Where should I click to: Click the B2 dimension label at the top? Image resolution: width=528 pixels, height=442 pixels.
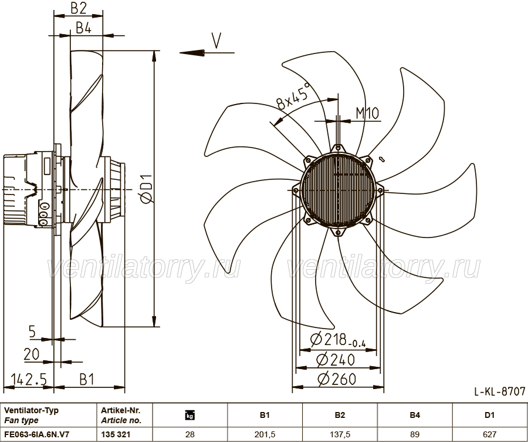point(79,8)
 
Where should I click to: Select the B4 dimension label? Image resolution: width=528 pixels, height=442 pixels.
point(83,28)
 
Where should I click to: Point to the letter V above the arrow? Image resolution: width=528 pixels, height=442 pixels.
point(216,41)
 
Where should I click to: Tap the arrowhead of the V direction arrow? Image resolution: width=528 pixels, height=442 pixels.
point(192,53)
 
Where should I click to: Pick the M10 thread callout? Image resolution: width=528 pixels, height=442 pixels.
point(367,113)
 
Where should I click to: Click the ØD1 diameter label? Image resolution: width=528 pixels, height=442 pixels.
point(147,189)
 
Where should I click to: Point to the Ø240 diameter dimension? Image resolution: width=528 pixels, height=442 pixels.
point(336,360)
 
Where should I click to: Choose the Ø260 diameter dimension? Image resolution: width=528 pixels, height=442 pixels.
point(336,379)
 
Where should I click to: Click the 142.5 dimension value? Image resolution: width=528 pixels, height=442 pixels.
point(29,379)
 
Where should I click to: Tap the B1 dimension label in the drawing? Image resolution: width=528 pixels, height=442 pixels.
point(87,379)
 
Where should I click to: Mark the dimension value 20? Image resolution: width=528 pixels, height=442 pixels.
point(31,354)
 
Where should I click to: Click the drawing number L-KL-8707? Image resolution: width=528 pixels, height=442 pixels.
point(500,391)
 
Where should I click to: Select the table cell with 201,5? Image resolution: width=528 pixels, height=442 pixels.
point(265,434)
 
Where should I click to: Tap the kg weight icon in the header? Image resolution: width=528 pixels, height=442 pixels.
point(190,416)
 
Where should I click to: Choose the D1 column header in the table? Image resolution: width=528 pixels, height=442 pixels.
point(489,416)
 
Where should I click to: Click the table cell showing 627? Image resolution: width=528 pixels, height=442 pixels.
point(489,434)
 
